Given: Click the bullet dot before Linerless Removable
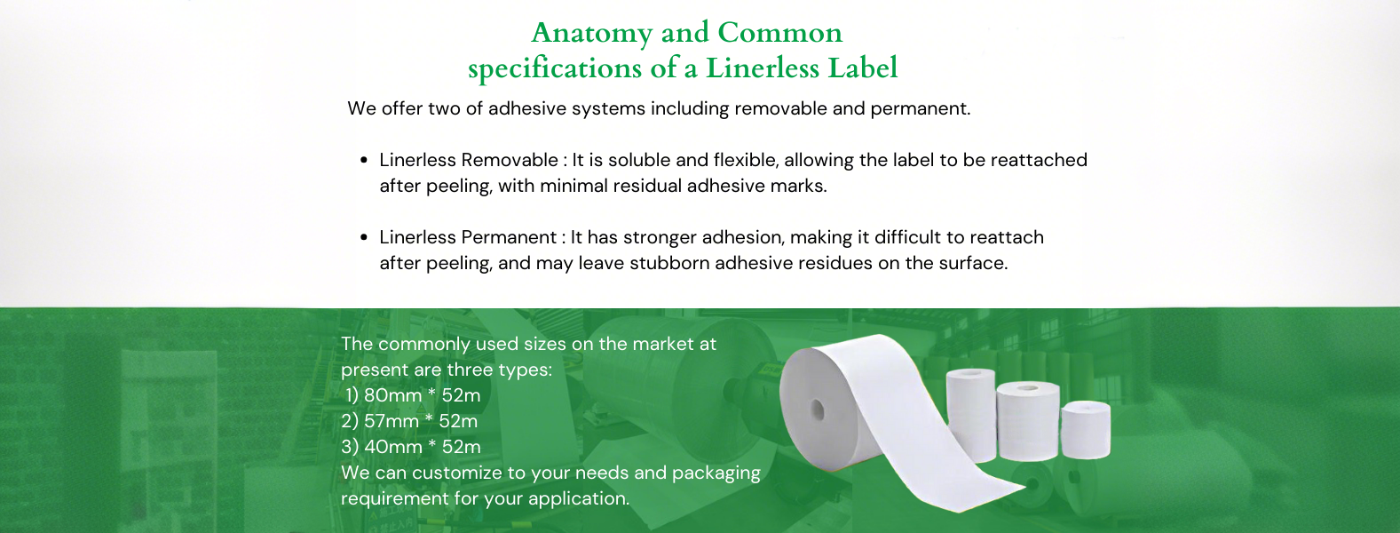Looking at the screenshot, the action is (364, 160).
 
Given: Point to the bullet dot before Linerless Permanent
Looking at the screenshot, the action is (364, 238).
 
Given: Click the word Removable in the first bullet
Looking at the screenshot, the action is (510, 160).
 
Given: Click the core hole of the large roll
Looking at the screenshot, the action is (818, 411).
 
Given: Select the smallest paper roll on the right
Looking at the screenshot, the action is (1086, 431).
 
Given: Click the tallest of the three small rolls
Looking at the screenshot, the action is (970, 415).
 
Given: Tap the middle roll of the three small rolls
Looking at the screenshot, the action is (1028, 421).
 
